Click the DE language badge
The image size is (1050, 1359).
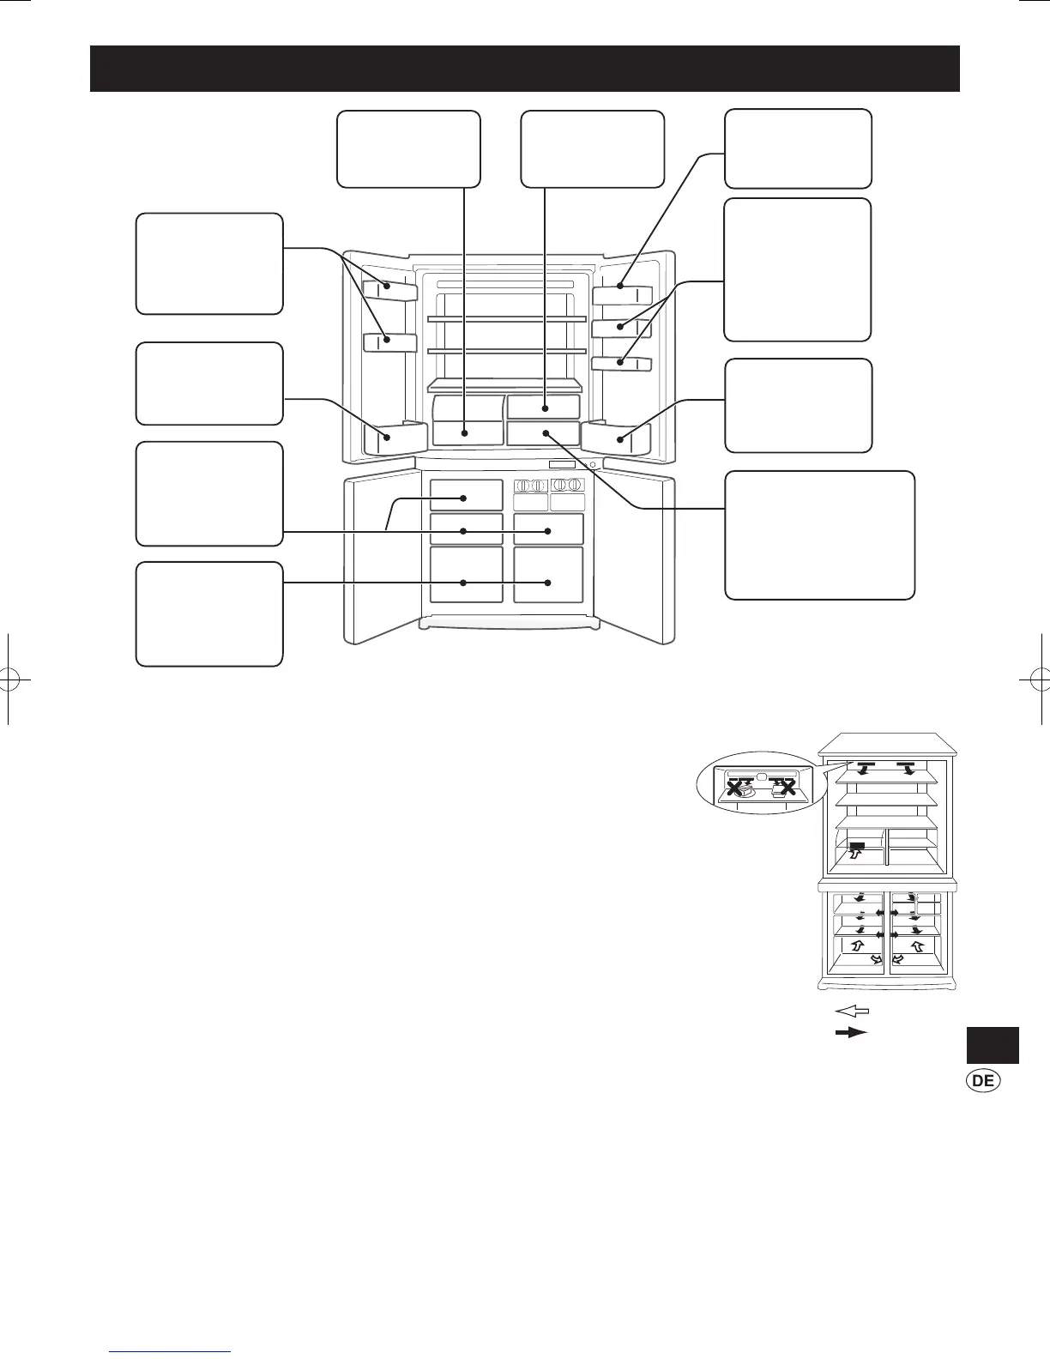[x=983, y=1081]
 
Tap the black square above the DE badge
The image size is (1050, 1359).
[x=993, y=1045]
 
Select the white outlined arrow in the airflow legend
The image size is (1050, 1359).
[x=852, y=1011]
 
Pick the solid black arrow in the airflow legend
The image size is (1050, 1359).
[x=852, y=1032]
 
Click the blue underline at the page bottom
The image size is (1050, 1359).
[x=170, y=1352]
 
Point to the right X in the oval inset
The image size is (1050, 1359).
[x=787, y=788]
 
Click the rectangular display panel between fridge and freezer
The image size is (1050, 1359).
[x=562, y=465]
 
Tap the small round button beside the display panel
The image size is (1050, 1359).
[x=592, y=465]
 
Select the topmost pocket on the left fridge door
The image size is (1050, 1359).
[x=390, y=290]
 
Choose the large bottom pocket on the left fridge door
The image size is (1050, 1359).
[x=395, y=437]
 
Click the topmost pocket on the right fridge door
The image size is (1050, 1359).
[x=622, y=295]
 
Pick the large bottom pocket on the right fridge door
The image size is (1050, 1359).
[x=616, y=438]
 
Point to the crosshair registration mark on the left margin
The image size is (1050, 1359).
[x=9, y=679]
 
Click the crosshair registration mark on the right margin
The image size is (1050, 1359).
[x=1041, y=679]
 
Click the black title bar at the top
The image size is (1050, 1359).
[x=525, y=69]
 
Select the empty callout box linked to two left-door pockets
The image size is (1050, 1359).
[x=209, y=264]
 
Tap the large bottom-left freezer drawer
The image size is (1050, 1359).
[x=467, y=575]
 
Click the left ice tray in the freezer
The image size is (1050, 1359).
[x=530, y=486]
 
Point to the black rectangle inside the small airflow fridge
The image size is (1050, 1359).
[x=857, y=846]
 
